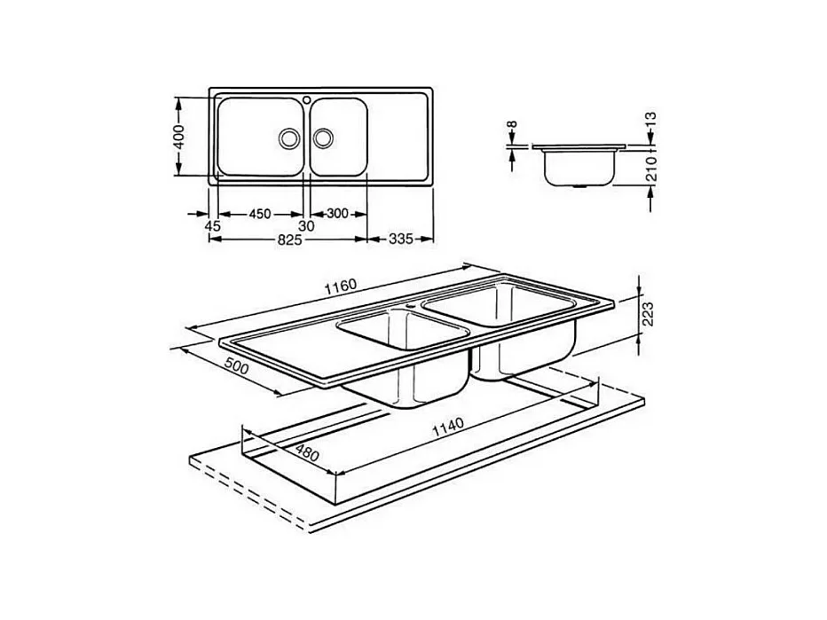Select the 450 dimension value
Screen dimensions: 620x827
click(x=259, y=214)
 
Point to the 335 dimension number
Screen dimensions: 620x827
click(x=401, y=239)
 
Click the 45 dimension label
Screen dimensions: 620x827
click(x=212, y=227)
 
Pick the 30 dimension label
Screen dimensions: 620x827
click(x=306, y=227)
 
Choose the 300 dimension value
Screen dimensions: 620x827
click(x=337, y=214)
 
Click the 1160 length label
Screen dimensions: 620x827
click(x=341, y=286)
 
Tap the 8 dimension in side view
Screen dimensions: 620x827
click(x=511, y=128)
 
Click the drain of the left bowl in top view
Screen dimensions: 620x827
click(x=289, y=137)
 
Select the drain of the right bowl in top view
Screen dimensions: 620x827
click(x=324, y=137)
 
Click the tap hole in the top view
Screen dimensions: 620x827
click(x=304, y=99)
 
